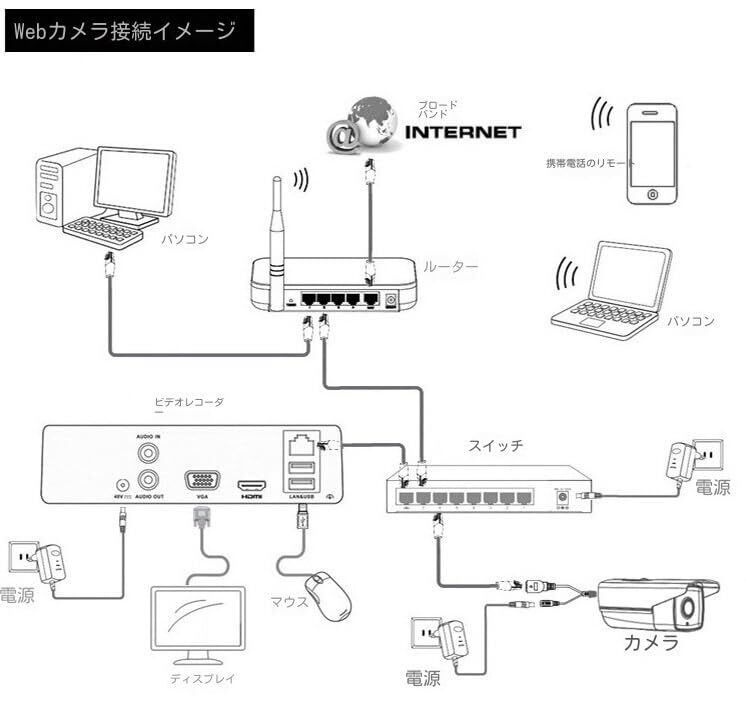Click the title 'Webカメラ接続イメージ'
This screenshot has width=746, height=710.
(124, 30)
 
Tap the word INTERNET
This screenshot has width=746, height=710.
(462, 132)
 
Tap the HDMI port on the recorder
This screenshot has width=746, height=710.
(250, 484)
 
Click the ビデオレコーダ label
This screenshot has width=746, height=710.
(189, 401)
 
